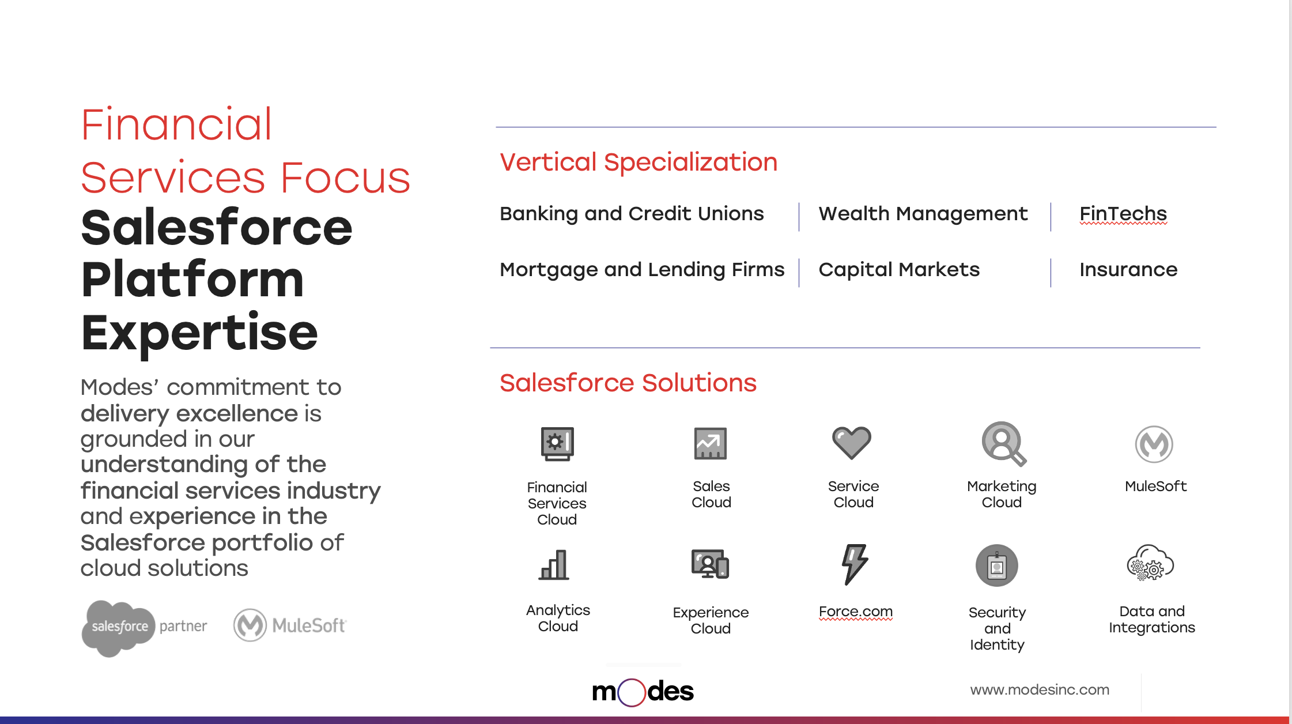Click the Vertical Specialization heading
tap(639, 163)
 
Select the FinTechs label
tap(1123, 214)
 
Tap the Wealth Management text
tap(923, 214)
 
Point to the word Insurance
tap(1128, 269)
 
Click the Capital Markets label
tap(899, 270)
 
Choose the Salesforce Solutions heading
tap(628, 383)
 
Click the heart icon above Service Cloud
tap(852, 443)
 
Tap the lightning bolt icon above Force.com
tap(855, 564)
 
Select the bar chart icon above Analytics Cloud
tap(554, 565)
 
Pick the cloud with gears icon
tap(1150, 563)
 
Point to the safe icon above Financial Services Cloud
tap(557, 444)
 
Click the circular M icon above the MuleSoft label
tap(1154, 444)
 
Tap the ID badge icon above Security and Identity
tap(997, 565)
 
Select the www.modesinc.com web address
tap(1040, 689)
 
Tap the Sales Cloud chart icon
tap(711, 443)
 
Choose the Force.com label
tap(856, 611)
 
